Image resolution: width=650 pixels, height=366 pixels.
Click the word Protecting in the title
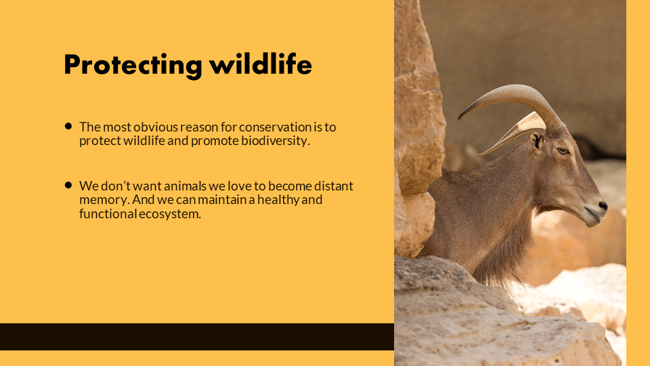pyautogui.click(x=133, y=66)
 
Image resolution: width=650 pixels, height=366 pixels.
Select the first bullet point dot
pyautogui.click(x=68, y=126)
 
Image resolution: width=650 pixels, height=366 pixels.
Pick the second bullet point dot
pyautogui.click(x=68, y=185)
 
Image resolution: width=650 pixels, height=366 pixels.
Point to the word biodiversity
pyautogui.click(x=276, y=141)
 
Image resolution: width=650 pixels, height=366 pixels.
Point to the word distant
pyautogui.click(x=334, y=186)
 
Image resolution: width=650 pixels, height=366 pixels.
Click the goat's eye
pyautogui.click(x=563, y=151)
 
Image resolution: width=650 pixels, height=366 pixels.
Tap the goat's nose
pyautogui.click(x=603, y=205)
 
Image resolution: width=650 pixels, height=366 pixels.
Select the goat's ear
pyautogui.click(x=537, y=141)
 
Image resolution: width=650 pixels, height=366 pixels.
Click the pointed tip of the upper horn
pyautogui.click(x=459, y=118)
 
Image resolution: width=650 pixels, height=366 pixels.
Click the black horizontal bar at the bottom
pyautogui.click(x=197, y=337)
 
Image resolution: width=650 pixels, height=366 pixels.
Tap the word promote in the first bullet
pyautogui.click(x=215, y=142)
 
